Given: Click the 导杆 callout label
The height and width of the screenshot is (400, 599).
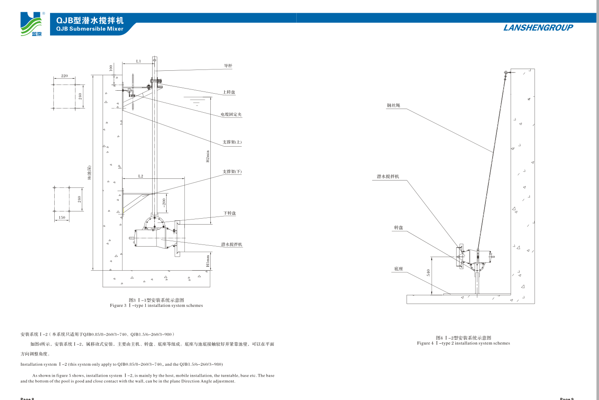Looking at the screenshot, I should point(228,66).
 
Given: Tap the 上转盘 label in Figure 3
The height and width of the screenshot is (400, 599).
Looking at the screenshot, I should point(229,92).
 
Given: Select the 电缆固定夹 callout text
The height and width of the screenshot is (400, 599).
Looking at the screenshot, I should point(231,114).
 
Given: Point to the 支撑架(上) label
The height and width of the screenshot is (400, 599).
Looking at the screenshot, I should point(232,142).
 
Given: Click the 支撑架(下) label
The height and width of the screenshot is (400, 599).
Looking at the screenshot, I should point(232,172).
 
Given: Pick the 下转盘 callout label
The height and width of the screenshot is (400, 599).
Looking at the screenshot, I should point(230,213).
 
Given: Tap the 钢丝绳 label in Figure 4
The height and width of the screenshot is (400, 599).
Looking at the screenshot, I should point(393,106).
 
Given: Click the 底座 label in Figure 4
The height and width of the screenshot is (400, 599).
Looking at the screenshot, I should point(398,269).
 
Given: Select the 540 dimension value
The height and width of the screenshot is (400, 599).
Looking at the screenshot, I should point(428,272).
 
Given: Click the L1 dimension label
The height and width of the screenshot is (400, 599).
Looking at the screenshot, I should point(139,61).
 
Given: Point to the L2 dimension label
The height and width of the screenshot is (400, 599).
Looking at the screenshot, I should point(141,176).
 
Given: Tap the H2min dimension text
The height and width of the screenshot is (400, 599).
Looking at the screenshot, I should point(208,156).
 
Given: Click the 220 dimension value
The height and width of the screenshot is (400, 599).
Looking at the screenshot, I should point(64,76).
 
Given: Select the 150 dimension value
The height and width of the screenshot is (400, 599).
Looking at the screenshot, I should point(62,217).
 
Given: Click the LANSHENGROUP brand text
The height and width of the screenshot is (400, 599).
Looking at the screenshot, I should point(538,28).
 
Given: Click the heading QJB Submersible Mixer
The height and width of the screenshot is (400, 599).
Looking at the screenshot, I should point(90,29).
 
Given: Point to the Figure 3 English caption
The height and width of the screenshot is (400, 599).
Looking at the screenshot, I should point(156,306).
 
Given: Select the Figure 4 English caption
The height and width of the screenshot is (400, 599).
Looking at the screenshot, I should point(463,343).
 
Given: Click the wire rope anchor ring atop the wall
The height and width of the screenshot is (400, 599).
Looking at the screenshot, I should point(506,73).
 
